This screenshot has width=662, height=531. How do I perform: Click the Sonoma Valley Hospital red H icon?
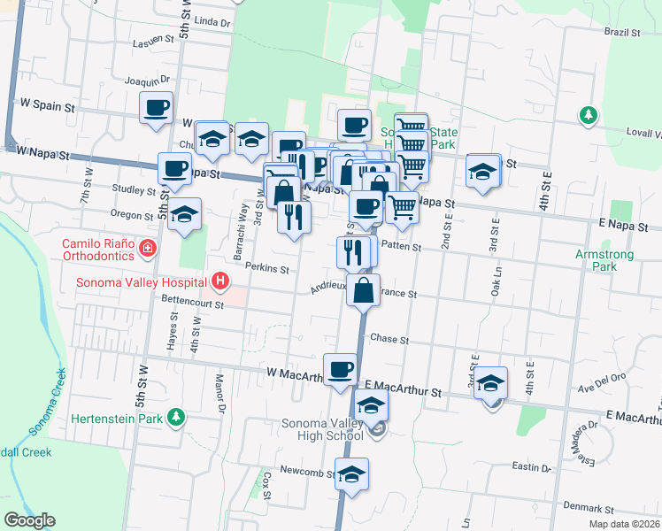click(x=220, y=282)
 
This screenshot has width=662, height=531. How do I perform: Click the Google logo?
click(x=29, y=521)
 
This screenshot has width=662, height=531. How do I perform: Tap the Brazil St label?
click(x=622, y=32)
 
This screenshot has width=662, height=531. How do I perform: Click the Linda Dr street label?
click(x=212, y=20)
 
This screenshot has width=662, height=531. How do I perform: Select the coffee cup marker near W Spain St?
click(x=157, y=109)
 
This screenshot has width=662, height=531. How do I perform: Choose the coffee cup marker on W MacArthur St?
click(x=340, y=370)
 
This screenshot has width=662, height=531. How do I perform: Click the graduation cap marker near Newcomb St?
click(x=352, y=473)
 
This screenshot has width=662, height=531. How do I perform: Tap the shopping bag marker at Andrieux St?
click(x=364, y=289)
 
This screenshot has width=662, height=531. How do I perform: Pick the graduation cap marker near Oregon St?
click(x=184, y=215)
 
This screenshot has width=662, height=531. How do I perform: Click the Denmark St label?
click(x=592, y=509)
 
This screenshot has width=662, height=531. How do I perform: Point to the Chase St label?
click(x=389, y=339)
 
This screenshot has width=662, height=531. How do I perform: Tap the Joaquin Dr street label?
click(x=147, y=81)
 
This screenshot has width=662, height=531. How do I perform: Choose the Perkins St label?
click(x=269, y=268)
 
